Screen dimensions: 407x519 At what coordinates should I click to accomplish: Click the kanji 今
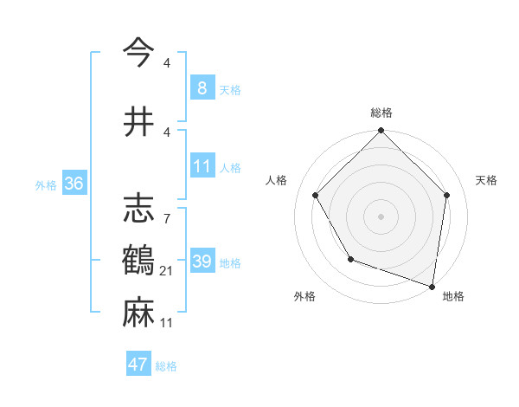pos(138,54)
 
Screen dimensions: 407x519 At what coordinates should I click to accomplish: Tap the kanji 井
pos(138,122)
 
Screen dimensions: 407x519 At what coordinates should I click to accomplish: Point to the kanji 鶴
pos(138,261)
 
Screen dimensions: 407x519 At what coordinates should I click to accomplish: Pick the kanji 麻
pos(138,313)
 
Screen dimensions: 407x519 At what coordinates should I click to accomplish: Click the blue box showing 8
pos(202,87)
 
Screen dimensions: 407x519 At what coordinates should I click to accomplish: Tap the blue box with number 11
pos(202,166)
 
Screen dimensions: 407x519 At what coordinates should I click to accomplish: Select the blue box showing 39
pos(202,262)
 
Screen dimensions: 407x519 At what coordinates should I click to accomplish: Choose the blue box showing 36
pos(74,183)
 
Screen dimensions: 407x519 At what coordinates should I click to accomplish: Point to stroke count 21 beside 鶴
pos(166,271)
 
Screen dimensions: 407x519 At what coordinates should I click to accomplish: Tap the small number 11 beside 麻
pos(166,323)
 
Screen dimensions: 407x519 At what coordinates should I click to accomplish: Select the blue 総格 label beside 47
pos(166,366)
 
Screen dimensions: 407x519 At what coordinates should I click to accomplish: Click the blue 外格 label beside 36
pos(46,184)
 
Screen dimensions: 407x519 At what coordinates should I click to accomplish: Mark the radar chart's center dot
pos(381,216)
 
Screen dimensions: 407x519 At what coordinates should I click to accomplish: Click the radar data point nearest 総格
pos(381,132)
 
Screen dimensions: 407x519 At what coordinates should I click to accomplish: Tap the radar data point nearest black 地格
pos(432,286)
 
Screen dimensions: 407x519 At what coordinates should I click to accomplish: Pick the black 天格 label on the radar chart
pos(486,180)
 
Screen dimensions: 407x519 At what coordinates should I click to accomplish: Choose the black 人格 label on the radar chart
pos(277,180)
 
